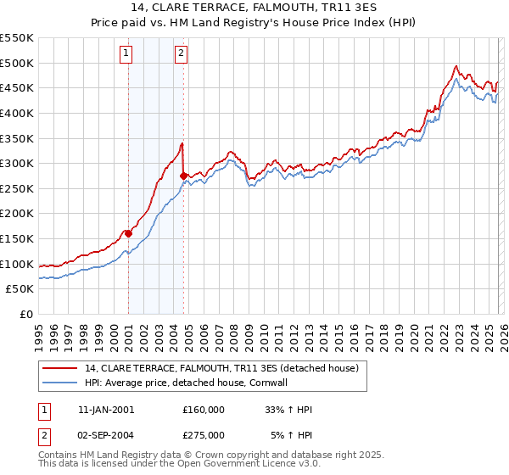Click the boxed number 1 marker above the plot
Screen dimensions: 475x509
[x=126, y=53]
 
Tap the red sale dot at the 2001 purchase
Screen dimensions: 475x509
[x=128, y=233]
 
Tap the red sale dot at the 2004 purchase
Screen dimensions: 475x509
[x=183, y=176]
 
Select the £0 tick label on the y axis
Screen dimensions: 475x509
[x=25, y=314]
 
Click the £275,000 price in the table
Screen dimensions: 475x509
[x=204, y=435]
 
